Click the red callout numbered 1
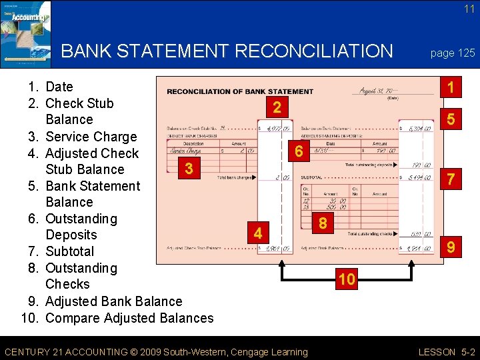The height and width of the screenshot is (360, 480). point(451,87)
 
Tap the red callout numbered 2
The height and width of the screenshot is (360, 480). point(277,107)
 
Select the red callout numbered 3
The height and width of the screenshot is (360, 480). point(189,168)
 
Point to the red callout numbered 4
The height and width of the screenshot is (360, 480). point(257,233)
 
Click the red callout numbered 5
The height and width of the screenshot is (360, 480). point(451,121)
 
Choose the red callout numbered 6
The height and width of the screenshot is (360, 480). point(299,152)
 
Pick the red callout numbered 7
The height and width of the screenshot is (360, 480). point(451,179)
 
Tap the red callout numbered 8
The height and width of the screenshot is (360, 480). point(323,223)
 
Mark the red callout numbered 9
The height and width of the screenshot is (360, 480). point(451,248)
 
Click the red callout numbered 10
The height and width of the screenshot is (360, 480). point(347,279)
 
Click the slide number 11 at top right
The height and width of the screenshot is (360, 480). point(469,9)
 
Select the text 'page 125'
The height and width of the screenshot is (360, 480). point(453,53)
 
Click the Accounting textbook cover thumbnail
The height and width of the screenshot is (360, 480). point(25,33)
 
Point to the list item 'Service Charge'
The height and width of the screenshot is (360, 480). point(91,137)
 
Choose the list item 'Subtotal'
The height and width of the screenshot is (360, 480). point(69,251)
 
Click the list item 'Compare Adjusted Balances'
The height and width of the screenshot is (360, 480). point(129,317)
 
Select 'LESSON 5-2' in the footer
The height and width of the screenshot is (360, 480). point(446,351)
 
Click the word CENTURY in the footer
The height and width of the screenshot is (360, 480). point(28,351)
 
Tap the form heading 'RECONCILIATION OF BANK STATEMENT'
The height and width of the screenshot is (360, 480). point(239,91)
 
